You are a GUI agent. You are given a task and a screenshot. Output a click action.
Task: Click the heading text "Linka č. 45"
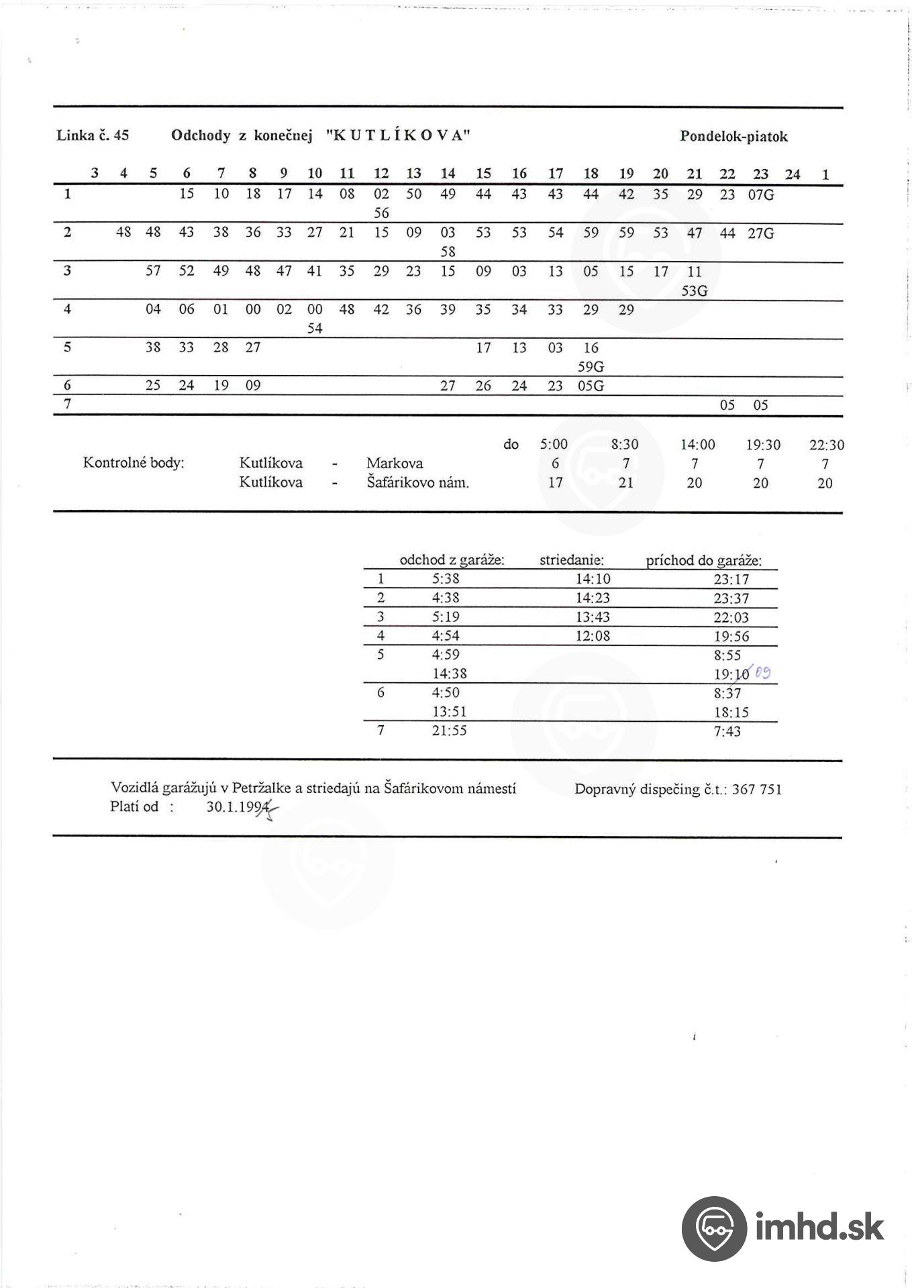point(93,136)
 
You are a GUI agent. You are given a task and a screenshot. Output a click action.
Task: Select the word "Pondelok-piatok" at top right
point(733,137)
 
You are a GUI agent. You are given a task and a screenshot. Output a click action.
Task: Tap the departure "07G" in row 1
point(760,195)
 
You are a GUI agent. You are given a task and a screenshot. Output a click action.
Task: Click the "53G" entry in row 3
point(694,291)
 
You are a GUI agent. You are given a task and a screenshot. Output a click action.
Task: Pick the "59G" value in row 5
point(591,367)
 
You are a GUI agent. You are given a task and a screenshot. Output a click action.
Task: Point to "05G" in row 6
point(591,386)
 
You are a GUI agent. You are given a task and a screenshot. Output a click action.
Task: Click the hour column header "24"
point(793,174)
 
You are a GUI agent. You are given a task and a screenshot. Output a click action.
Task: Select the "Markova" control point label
point(395,463)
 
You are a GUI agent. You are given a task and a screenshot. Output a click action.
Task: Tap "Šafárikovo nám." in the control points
point(417,482)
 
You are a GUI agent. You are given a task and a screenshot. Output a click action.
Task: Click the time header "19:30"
point(763,445)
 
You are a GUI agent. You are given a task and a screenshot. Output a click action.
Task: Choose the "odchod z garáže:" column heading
point(452,560)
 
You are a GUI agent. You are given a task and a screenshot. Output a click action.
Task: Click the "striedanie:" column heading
point(572,560)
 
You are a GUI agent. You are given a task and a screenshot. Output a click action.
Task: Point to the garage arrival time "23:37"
point(731,598)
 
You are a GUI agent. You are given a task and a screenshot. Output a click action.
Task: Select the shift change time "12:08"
point(593,636)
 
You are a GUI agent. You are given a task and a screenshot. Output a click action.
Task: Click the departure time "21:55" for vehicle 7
point(449,731)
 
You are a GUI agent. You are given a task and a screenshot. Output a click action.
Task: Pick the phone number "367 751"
point(756,790)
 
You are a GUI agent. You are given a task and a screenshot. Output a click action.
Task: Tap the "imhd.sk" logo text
point(819,1228)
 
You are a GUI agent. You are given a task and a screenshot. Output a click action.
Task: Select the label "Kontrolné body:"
point(133,463)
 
